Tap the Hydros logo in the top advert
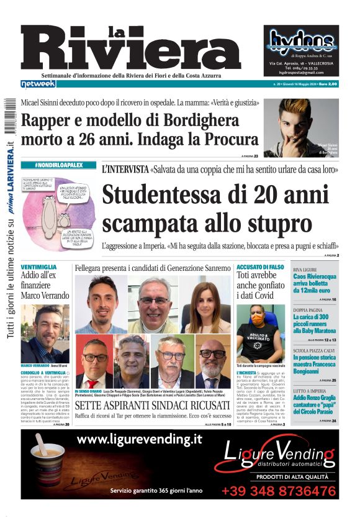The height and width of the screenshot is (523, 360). pos(302,41)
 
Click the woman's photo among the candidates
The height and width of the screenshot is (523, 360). pos(206,304)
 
